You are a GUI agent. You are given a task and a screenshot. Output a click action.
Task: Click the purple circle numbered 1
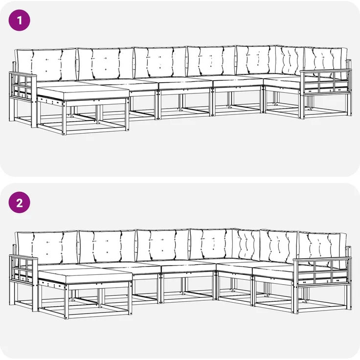[19, 20]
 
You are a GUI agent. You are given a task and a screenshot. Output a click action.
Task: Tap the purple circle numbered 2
[19, 202]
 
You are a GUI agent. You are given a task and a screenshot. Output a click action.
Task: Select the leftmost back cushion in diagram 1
[46, 65]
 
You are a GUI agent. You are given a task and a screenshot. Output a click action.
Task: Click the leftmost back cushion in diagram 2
[47, 247]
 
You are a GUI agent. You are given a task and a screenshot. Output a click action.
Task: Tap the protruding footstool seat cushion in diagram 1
[83, 92]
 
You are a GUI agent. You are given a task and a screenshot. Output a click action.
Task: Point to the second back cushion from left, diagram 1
[106, 64]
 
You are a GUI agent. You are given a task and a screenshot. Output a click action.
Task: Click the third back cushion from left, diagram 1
[160, 63]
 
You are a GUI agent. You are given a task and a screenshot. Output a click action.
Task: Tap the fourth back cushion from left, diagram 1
[211, 61]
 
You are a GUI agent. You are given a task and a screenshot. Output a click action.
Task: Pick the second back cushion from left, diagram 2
[107, 247]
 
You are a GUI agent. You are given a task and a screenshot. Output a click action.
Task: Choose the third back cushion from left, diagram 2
[162, 245]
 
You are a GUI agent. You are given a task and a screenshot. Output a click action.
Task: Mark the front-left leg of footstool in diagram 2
[67, 301]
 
